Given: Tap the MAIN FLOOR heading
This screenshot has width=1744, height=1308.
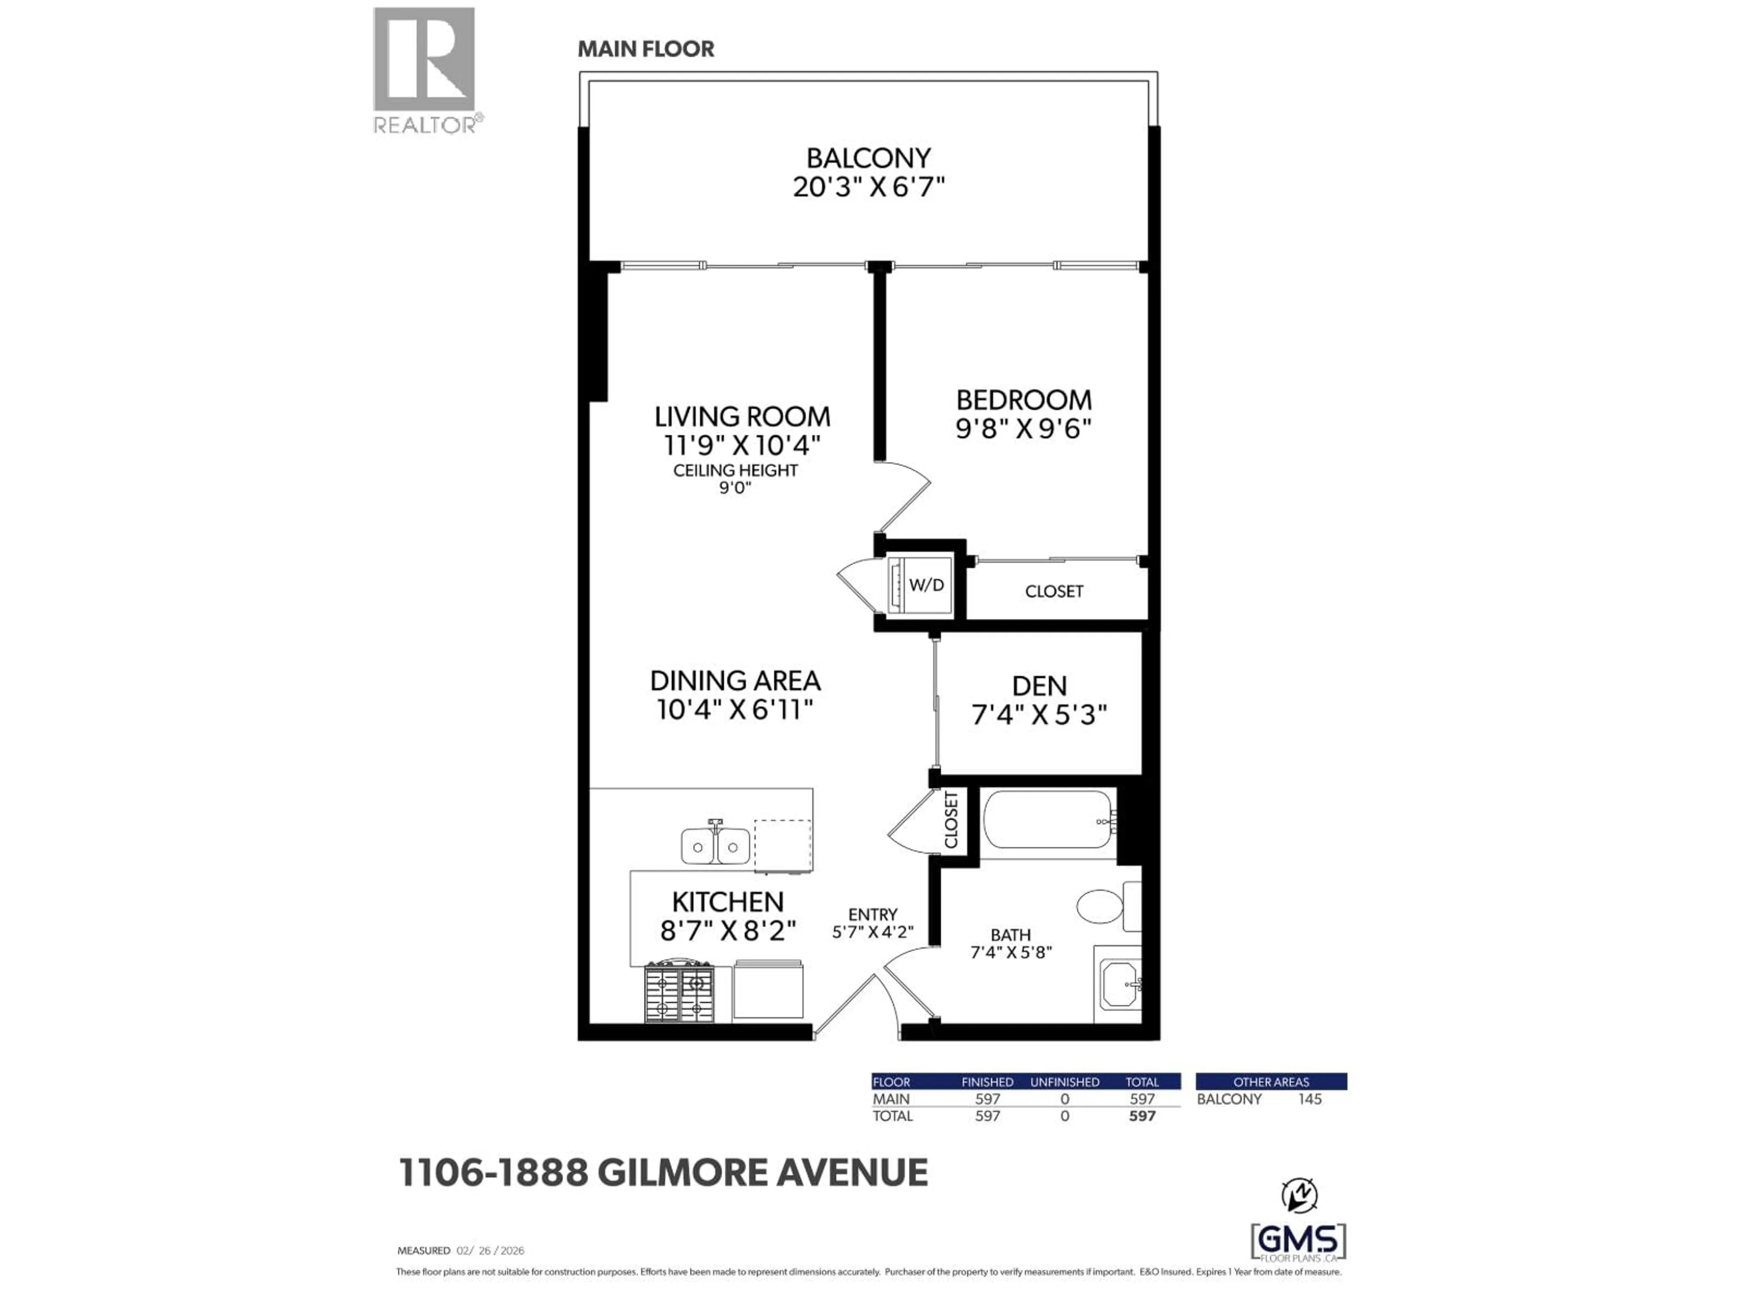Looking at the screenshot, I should (x=646, y=49).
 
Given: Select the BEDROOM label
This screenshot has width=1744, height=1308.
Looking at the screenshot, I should (x=1023, y=400).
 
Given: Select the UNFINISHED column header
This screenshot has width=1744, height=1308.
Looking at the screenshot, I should (x=1065, y=1082).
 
